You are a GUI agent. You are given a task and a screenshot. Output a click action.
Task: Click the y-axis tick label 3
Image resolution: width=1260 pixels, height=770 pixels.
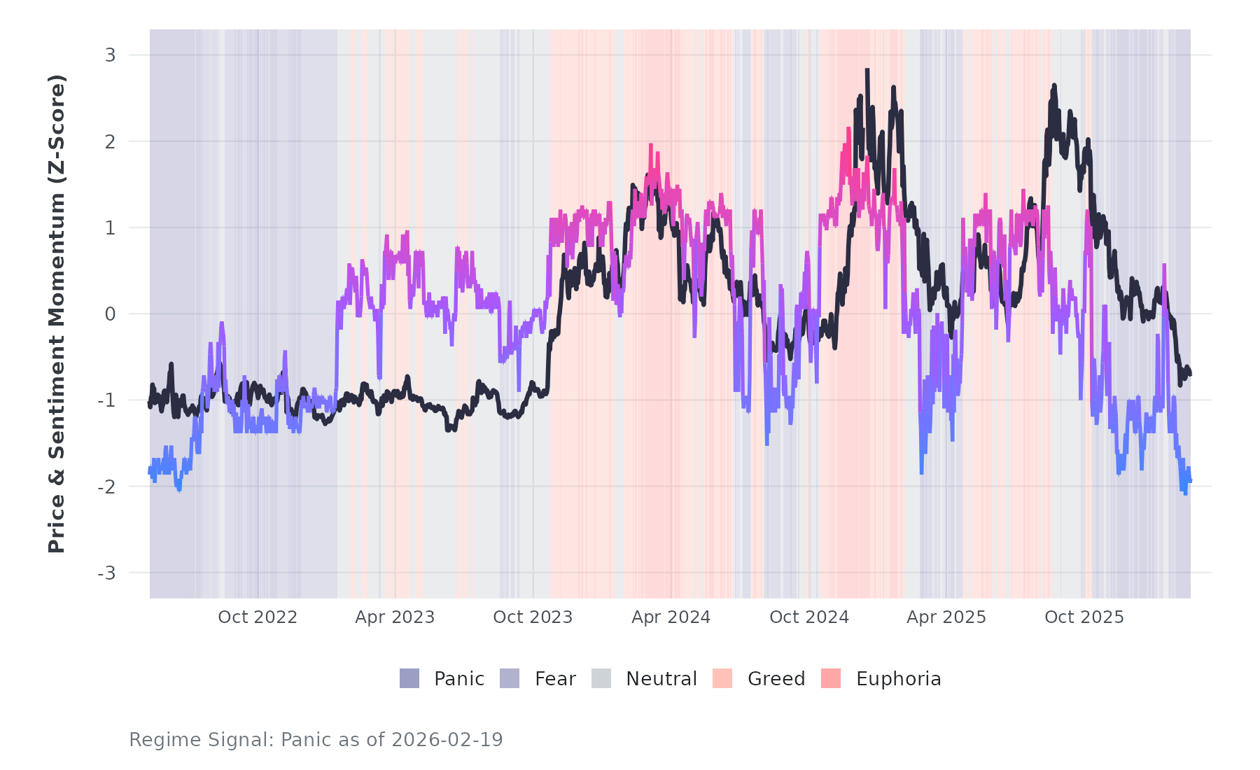coord(110,55)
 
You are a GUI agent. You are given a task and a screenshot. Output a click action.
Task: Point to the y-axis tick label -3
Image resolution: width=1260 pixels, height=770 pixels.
coord(106,573)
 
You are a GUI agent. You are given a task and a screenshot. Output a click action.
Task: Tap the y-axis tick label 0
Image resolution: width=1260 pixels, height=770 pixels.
coord(110,314)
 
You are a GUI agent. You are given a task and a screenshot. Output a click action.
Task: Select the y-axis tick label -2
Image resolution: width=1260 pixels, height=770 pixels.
coord(106,487)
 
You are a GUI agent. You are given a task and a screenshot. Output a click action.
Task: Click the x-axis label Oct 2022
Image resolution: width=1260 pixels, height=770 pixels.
coord(258,617)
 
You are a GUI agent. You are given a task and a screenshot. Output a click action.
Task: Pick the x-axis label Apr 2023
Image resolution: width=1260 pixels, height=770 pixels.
coord(395,617)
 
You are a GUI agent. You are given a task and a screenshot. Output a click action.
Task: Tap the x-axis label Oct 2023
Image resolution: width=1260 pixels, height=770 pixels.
coord(533,617)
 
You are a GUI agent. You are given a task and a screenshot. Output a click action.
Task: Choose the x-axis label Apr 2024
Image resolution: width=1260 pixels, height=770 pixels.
coord(671,617)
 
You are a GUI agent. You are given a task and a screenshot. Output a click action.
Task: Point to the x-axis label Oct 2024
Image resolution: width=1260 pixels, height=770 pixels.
coord(809,617)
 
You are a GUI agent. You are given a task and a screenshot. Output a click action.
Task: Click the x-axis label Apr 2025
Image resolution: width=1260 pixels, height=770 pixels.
coord(946,617)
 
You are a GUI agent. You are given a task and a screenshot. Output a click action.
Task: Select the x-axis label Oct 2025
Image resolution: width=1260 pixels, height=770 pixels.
coord(1084,617)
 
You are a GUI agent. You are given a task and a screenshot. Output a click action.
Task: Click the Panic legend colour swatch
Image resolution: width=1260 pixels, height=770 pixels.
coord(409,678)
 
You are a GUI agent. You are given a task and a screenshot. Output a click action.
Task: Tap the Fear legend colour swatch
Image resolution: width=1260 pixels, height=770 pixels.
coord(510,678)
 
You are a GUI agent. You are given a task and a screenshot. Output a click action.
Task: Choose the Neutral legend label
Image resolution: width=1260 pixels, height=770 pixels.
coord(661,679)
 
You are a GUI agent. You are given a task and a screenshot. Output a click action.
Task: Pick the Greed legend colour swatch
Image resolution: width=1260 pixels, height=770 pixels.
coord(722,678)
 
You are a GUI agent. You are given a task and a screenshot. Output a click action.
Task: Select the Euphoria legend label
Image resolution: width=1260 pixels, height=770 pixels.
coord(898,679)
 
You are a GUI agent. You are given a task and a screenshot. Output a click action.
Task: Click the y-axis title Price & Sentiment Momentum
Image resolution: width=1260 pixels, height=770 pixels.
coord(57,314)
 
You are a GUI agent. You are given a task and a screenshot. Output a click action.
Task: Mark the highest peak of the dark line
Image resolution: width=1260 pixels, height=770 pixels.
coord(867,70)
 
